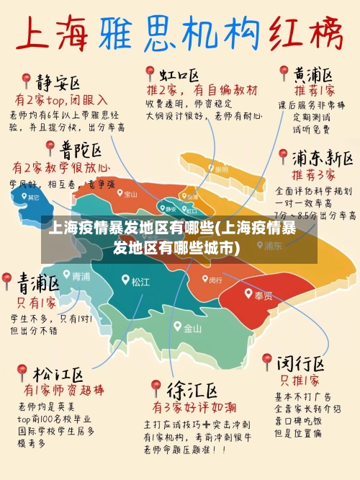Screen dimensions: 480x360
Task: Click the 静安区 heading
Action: [58, 80]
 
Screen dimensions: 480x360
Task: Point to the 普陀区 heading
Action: [80, 149]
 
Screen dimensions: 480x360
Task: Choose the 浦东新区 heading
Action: [322, 157]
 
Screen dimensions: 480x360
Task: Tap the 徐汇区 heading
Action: [192, 391]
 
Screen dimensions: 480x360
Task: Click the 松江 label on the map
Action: [140, 281]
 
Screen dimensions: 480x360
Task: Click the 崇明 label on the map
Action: [220, 169]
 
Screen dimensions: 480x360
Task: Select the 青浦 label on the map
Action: [81, 276]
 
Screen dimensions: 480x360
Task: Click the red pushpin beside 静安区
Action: [26, 79]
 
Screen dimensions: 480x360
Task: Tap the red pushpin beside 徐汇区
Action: [156, 388]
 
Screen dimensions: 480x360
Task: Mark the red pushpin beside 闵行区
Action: [267, 360]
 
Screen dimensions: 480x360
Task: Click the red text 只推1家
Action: [300, 380]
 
